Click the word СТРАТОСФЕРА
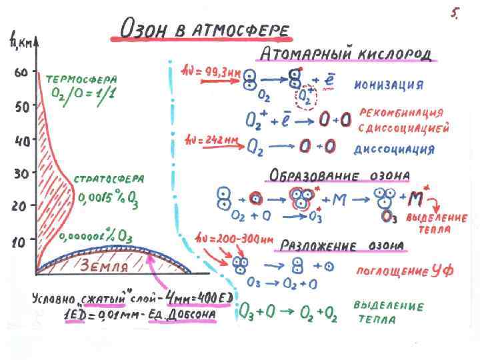coord(108,179)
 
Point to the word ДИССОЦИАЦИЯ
coord(393,149)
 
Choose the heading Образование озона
coord(339,176)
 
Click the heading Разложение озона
coord(341,245)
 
